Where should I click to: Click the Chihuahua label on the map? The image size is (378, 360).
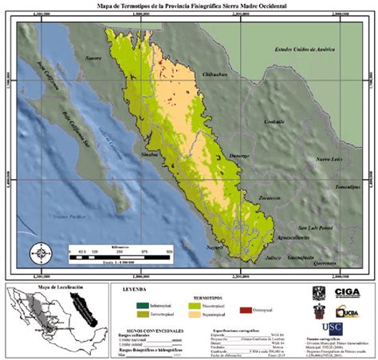(x=217, y=74)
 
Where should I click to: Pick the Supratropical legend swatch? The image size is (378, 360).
(x=182, y=313)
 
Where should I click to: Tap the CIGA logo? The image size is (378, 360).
(x=347, y=293)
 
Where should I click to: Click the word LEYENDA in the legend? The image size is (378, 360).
(x=134, y=292)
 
